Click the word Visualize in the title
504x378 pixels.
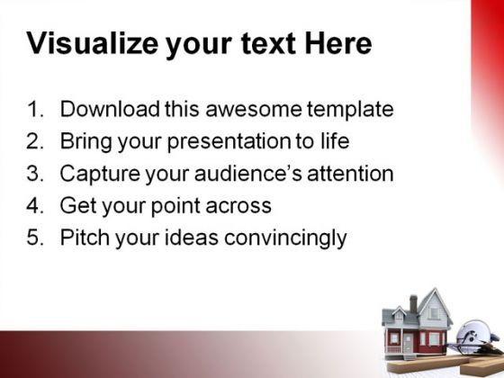tap(92, 43)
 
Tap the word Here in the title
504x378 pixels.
tap(338, 43)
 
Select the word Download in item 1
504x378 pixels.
tap(110, 109)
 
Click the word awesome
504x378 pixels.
tap(253, 109)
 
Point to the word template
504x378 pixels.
tap(350, 110)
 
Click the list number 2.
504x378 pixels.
tap(35, 141)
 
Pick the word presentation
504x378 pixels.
tap(229, 142)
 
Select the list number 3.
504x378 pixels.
tap(35, 173)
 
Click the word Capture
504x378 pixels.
tap(100, 175)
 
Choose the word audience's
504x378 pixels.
tap(247, 173)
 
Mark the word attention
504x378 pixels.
tap(350, 173)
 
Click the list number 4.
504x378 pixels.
tap(35, 205)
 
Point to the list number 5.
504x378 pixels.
tap(35, 238)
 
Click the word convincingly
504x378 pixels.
tap(285, 238)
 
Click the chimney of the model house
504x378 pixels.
tap(413, 303)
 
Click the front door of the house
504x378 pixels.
tap(409, 342)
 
